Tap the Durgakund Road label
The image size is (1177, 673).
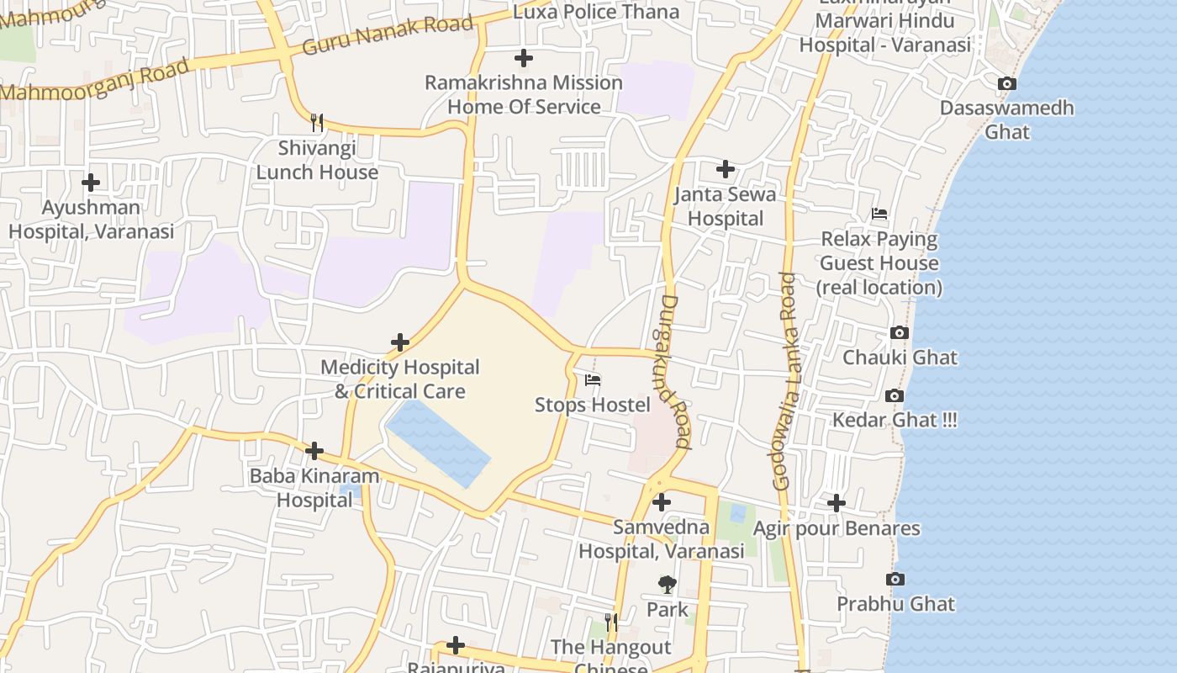click(675, 371)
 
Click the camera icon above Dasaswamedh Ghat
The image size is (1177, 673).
click(1006, 83)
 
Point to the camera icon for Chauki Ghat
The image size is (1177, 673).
click(900, 332)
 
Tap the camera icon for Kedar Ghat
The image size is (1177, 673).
click(895, 395)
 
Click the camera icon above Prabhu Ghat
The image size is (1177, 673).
click(895, 579)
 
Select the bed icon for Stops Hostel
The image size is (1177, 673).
click(594, 380)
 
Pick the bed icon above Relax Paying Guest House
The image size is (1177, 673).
click(879, 214)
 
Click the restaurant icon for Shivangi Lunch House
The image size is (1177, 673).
click(317, 123)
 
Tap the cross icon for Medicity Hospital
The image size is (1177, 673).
click(400, 342)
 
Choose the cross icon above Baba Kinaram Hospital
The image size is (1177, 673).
click(314, 451)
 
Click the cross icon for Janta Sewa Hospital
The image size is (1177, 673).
click(726, 169)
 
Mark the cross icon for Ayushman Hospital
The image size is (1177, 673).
click(91, 182)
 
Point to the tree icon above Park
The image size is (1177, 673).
click(668, 584)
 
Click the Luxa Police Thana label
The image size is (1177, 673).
click(596, 12)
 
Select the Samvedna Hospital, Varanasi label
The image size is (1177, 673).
click(662, 539)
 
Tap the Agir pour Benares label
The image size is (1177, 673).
click(837, 528)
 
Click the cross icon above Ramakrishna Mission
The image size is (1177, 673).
click(524, 58)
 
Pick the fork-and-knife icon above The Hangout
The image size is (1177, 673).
click(611, 623)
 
